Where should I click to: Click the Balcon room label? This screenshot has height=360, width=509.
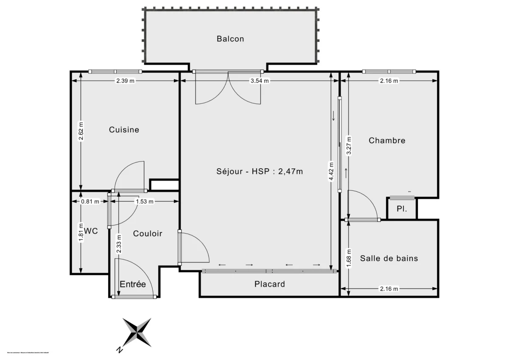pos(230,39)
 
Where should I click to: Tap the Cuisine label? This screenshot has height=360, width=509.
pos(124,130)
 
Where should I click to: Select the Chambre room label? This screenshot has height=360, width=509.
pos(387,140)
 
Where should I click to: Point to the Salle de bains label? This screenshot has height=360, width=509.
pos(389,258)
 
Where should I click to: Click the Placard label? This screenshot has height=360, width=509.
pos(270,284)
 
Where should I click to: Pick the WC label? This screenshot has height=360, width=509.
pos(91,231)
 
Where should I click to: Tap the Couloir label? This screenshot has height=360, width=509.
pos(148,234)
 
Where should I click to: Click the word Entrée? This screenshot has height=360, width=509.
pos(132,284)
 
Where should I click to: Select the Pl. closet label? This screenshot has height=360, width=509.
pos(402,209)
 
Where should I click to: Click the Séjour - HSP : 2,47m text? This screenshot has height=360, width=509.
pos(260,171)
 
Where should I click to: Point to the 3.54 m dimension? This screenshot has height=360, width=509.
pos(260,81)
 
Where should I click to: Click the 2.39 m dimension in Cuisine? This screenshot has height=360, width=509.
pos(126,81)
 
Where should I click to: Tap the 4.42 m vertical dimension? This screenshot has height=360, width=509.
pos(331,171)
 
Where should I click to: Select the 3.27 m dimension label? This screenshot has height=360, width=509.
pos(349,145)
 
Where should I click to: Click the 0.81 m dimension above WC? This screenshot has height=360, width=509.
pos(90,202)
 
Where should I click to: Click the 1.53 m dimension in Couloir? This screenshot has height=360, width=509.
pos(144,202)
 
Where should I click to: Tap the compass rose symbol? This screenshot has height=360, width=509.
pos(137,332)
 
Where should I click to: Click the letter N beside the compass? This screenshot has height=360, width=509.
pos(119,350)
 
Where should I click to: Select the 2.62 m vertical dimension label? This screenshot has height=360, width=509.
pos(81,132)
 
